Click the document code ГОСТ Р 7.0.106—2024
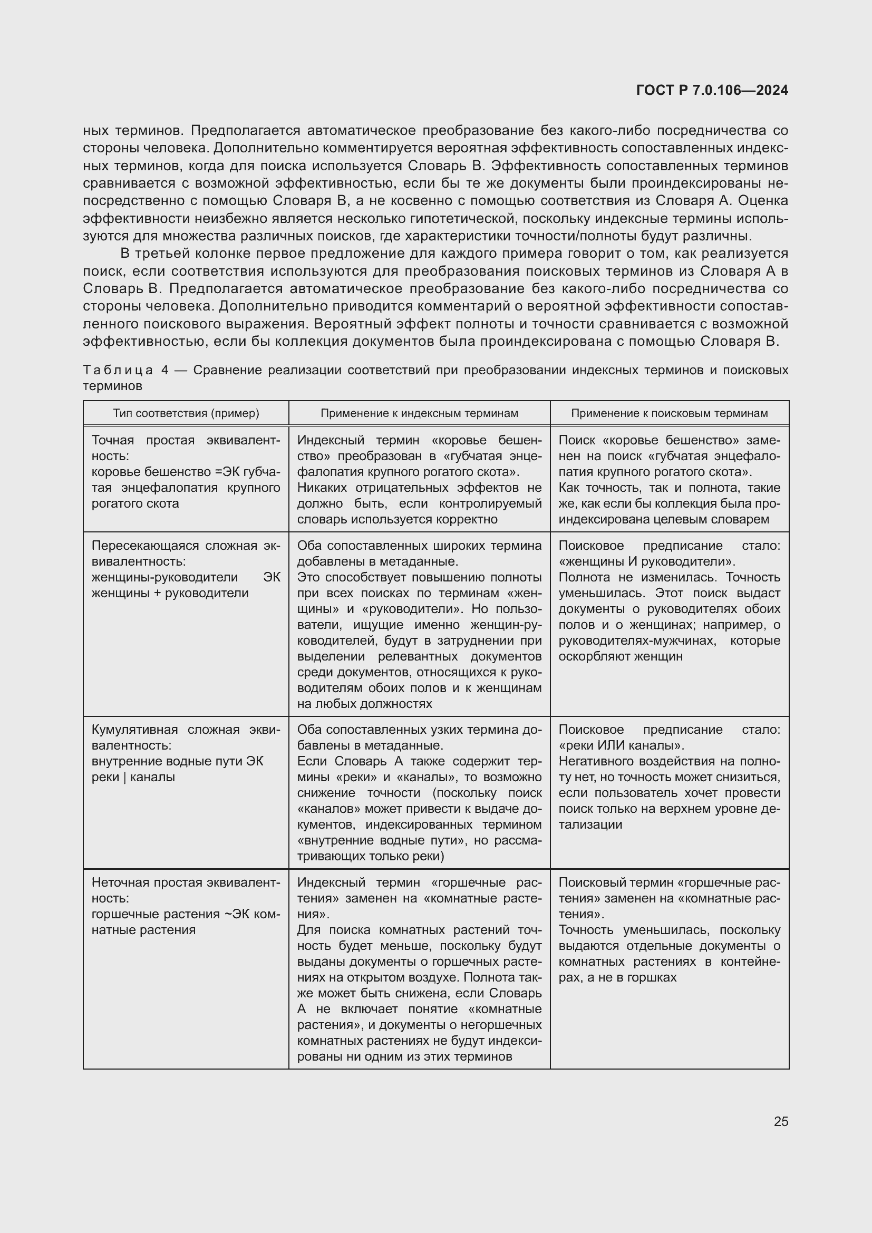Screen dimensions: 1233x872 (x=712, y=90)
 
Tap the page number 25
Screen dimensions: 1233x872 (x=781, y=1121)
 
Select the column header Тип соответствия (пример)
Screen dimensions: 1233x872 (x=186, y=413)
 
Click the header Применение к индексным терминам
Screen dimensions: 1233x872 (x=419, y=413)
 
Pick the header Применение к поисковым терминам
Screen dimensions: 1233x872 (x=669, y=413)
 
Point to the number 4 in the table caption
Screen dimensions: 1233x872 (x=165, y=370)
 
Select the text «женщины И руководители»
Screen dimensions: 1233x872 (x=646, y=562)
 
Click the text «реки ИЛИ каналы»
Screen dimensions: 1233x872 (x=621, y=745)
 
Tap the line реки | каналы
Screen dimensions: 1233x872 (x=133, y=777)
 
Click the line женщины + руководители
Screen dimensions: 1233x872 (x=170, y=594)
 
